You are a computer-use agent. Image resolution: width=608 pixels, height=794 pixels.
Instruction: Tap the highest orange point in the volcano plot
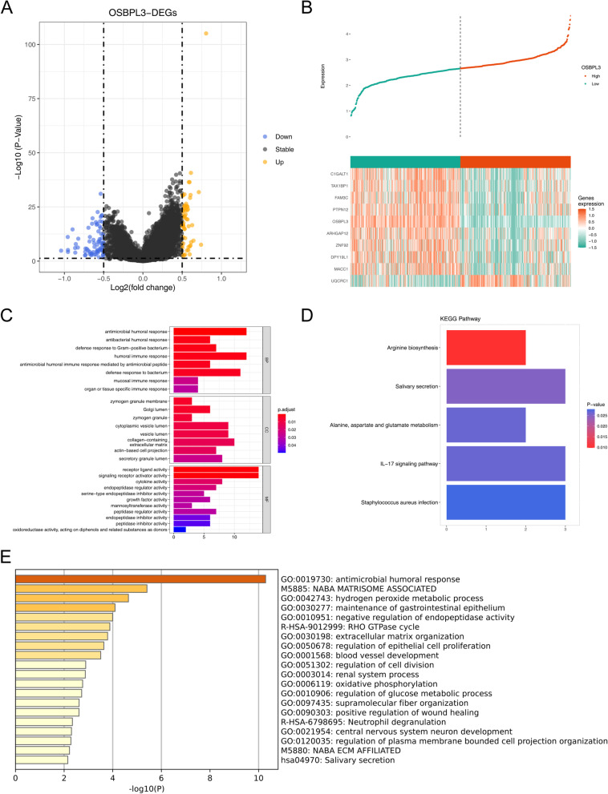[206, 34]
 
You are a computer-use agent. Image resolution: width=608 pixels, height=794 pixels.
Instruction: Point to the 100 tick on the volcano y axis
[32, 45]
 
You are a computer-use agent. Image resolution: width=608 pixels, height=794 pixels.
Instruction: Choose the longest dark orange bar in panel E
[140, 578]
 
